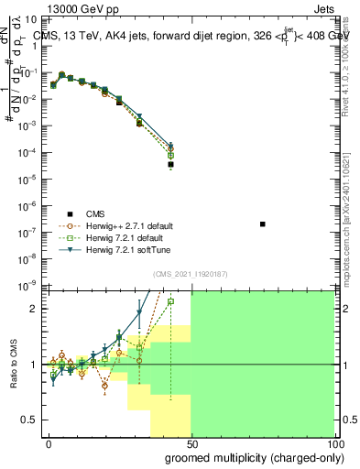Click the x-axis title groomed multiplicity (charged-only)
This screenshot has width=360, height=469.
pos(253,457)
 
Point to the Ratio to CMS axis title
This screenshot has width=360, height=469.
pos(14,365)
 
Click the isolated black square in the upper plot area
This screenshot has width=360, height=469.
pos(263,224)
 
